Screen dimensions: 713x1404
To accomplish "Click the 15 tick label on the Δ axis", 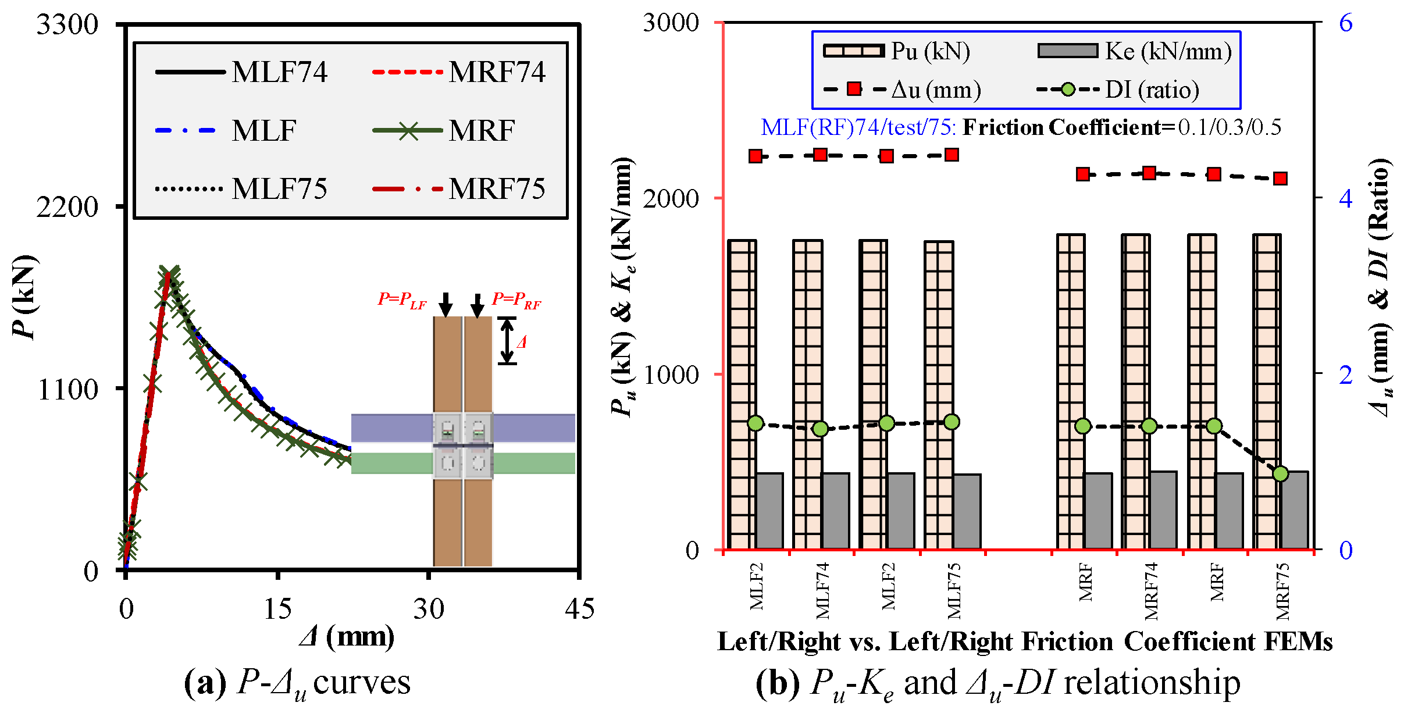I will pos(277,609).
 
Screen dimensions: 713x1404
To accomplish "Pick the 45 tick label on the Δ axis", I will pos(579,609).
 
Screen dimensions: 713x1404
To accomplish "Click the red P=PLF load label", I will pos(402,300).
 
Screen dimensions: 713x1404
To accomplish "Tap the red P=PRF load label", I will pos(516,300).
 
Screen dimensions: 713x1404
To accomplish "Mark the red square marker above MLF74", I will pos(820,155).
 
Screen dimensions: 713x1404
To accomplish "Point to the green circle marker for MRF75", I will pos(1280,474).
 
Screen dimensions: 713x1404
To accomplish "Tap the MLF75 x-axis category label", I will pos(954,590).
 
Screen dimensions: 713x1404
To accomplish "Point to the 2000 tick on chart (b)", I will pos(671,198).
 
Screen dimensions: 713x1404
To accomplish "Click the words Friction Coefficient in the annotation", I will pos(1061,127).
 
